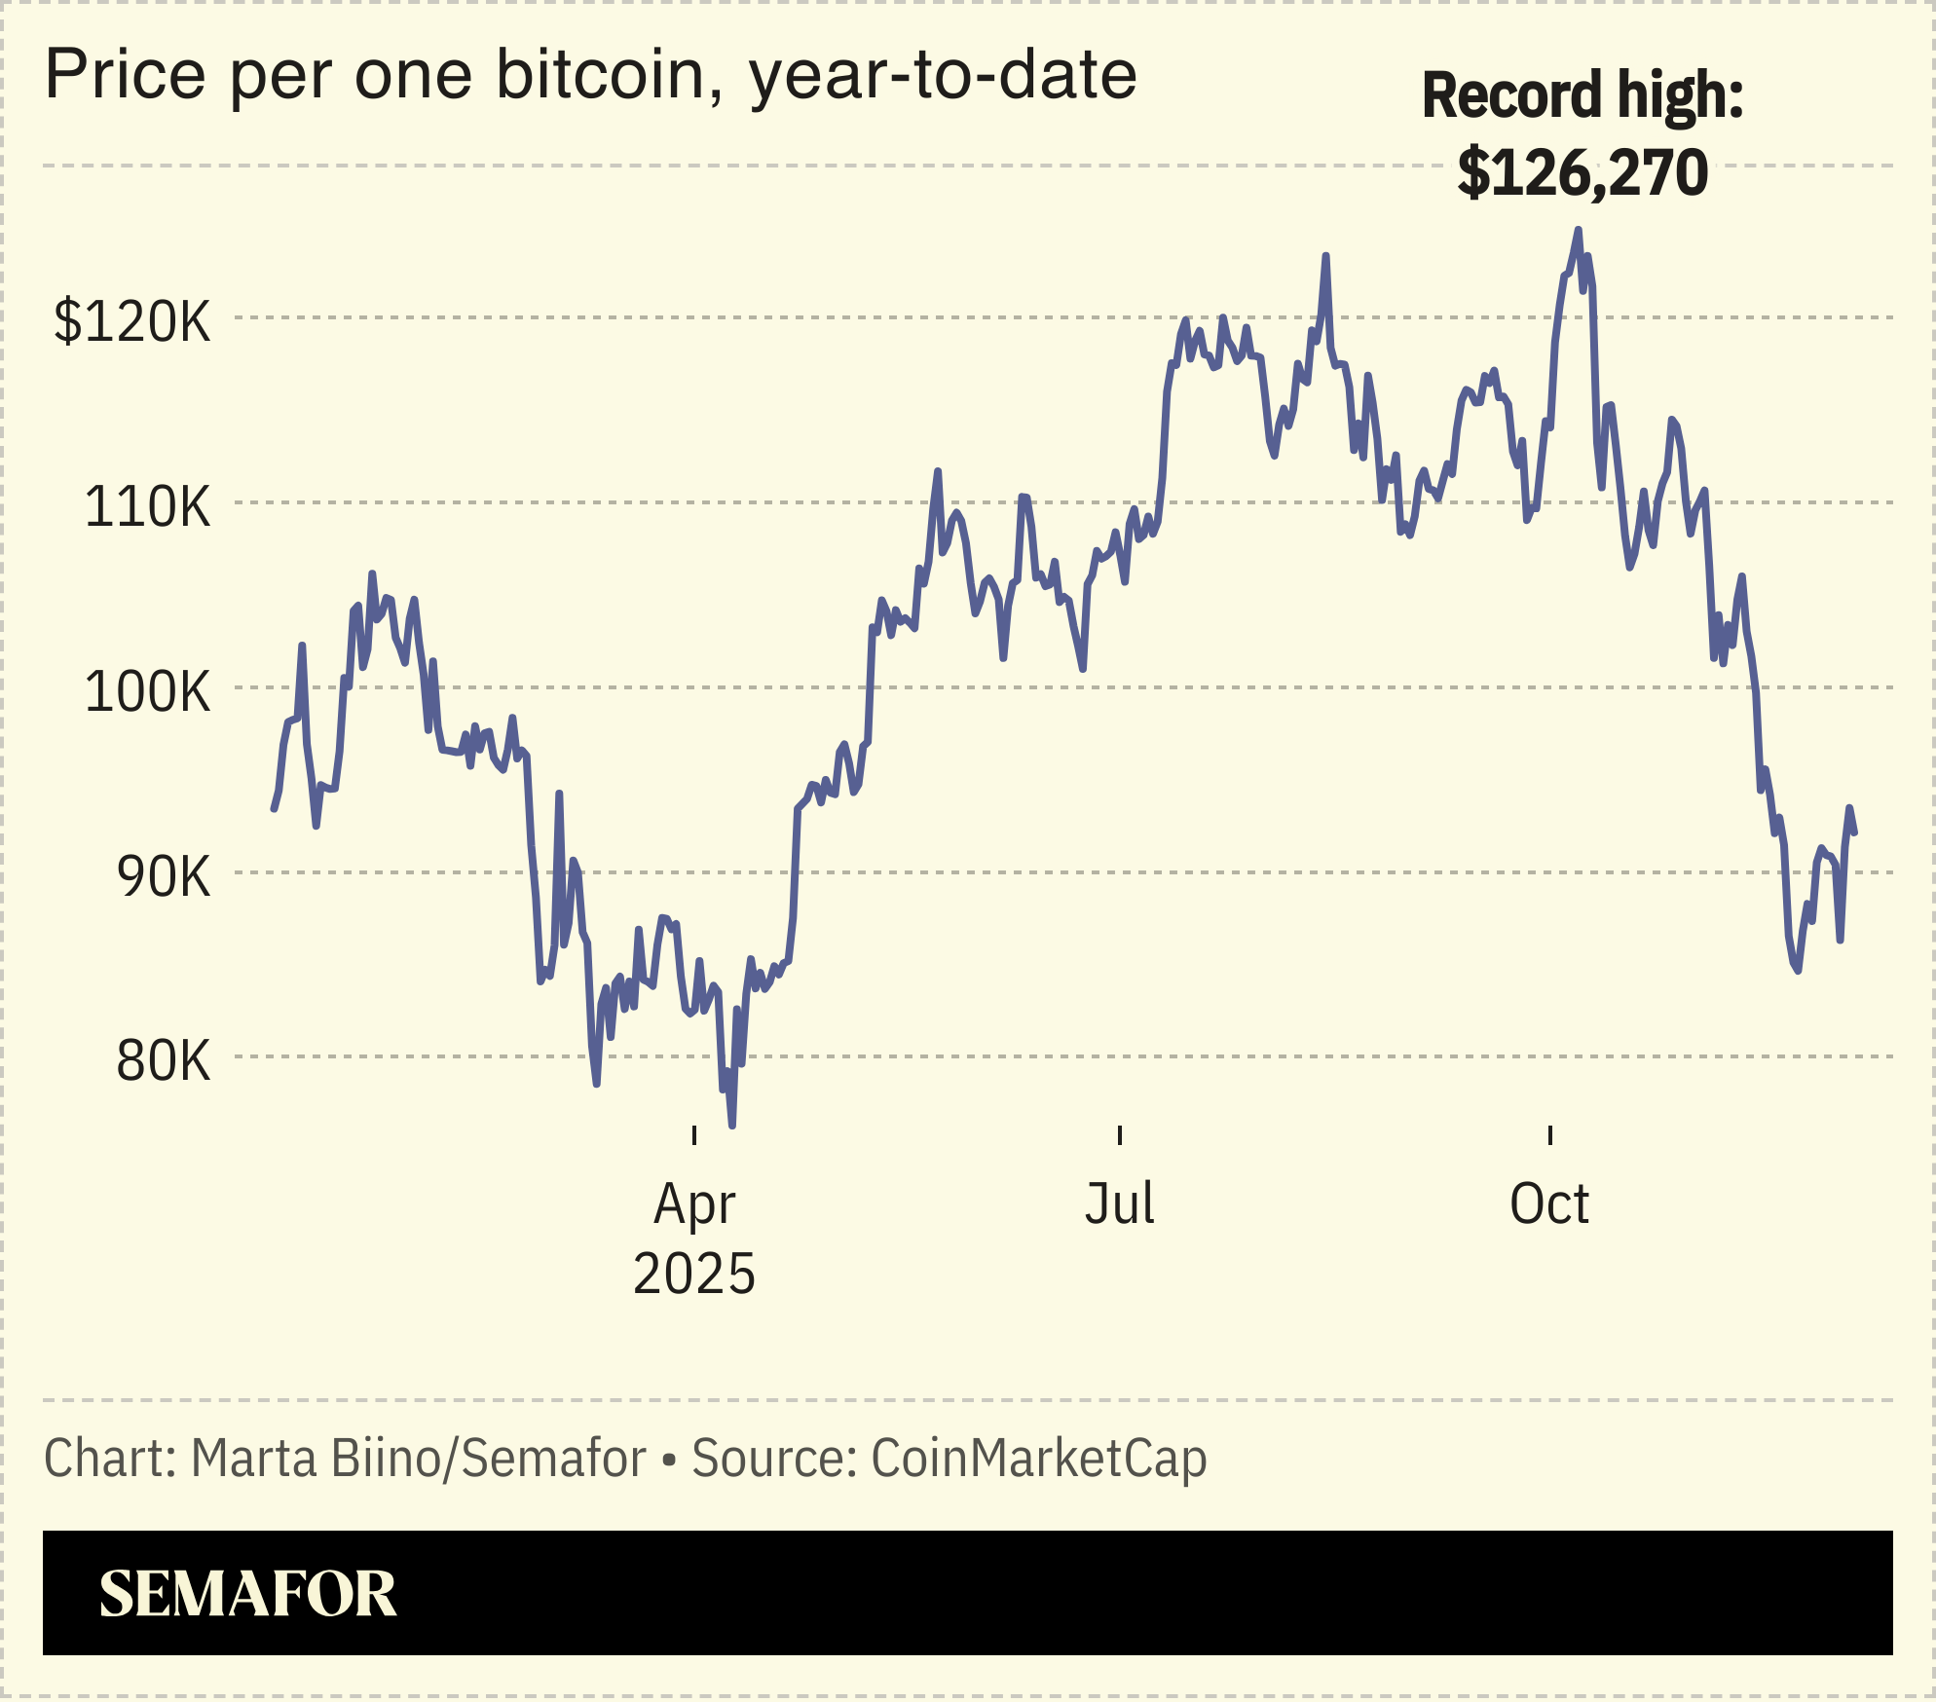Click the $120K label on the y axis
coord(132,321)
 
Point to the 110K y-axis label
coord(147,506)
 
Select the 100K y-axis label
coord(147,691)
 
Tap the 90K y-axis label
coord(163,876)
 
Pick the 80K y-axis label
coord(163,1060)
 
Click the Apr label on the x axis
coord(693,1205)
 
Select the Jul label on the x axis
coord(1119,1203)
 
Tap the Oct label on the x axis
coord(1548,1203)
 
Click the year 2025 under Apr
coord(693,1274)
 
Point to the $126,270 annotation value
coord(1582,173)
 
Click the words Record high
coord(1582,95)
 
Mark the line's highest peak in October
coord(1579,231)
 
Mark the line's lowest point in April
coord(732,1125)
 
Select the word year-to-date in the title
coord(942,75)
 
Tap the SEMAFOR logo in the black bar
coord(247,1594)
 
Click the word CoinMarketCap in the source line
coord(1038,1459)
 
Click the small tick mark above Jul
coord(1120,1134)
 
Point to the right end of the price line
coord(1854,832)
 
